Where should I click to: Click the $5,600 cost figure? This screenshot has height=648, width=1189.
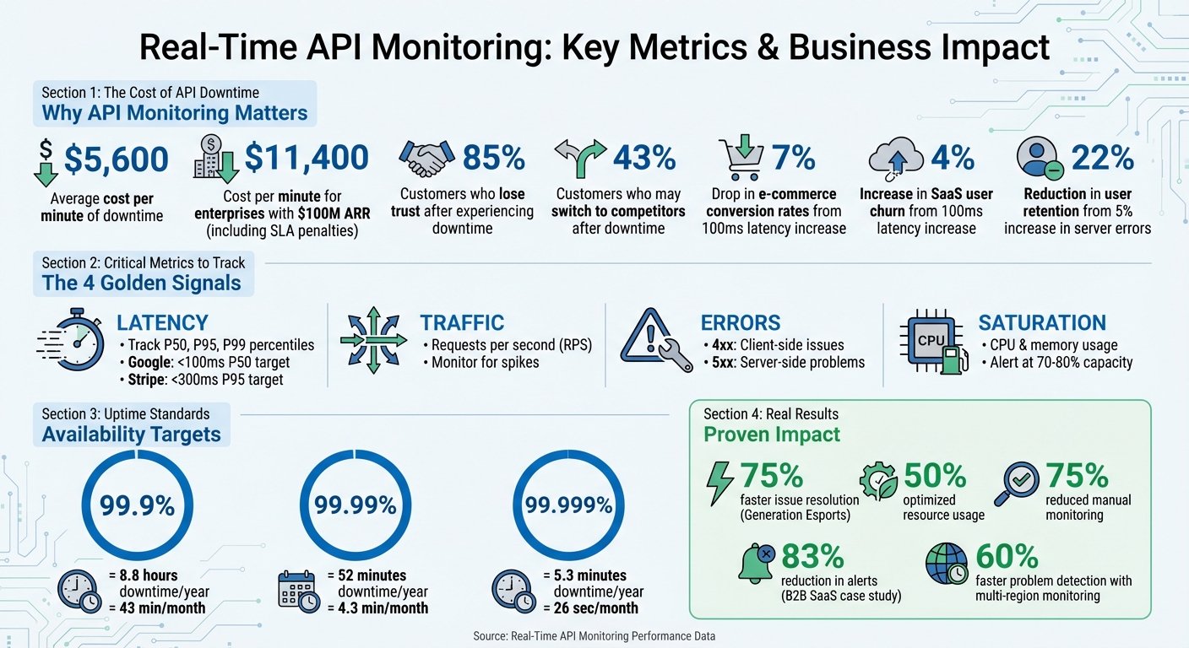(x=117, y=159)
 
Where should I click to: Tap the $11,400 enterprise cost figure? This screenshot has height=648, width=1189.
(x=307, y=158)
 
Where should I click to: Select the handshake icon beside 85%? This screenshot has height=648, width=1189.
(x=426, y=158)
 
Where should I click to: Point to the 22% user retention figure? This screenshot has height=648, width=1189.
(x=1102, y=158)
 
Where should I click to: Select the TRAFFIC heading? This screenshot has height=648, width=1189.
(x=462, y=322)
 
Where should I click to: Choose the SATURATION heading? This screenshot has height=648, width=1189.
(x=1041, y=322)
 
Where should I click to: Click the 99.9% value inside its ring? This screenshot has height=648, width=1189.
(x=137, y=505)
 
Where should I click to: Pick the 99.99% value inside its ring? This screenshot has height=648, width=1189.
(x=355, y=505)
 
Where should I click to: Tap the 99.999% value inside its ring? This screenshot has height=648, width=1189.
(x=568, y=505)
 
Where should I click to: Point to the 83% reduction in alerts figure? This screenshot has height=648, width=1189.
(x=812, y=556)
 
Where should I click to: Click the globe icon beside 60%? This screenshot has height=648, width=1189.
(x=946, y=563)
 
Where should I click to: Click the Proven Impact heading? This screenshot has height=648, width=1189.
(x=772, y=435)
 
